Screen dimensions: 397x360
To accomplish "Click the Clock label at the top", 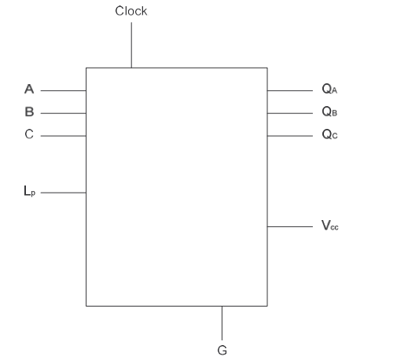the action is [x=131, y=11].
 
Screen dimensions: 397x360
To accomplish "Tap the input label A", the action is [x=29, y=89].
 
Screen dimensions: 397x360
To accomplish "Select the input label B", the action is [x=29, y=112].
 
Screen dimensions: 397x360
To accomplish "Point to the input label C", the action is [x=29, y=134].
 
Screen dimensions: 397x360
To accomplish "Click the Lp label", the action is [x=29, y=191].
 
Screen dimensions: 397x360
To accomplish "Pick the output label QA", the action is [x=329, y=89].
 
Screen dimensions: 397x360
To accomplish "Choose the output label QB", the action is [x=329, y=112].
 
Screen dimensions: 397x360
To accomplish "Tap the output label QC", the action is [x=329, y=134].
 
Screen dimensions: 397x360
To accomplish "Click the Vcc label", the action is [x=330, y=226].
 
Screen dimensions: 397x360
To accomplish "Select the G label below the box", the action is [x=222, y=350].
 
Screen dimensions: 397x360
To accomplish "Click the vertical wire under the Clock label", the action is [x=131, y=45].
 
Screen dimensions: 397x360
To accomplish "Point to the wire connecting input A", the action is [x=64, y=90].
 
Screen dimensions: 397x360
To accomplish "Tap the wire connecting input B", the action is [x=64, y=113].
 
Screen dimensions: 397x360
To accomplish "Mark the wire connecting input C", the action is [x=64, y=136].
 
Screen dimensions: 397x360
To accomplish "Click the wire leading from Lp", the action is [x=64, y=193].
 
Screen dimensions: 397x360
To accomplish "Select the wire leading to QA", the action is [x=290, y=90].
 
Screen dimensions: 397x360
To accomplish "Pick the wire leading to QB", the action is [x=290, y=113].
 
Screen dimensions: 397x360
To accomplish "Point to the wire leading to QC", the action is [x=290, y=136].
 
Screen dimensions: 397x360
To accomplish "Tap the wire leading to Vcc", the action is [x=290, y=226].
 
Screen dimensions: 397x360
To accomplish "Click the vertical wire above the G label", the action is [x=222, y=323].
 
